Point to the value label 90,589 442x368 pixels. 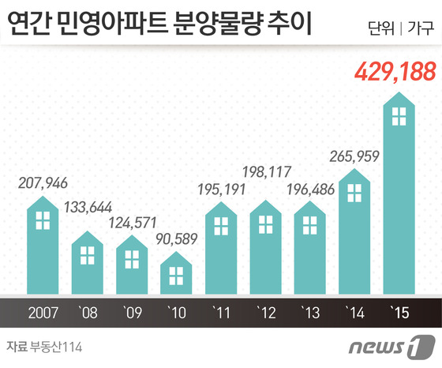coord(178,236)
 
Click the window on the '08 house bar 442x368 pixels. coord(88,255)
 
